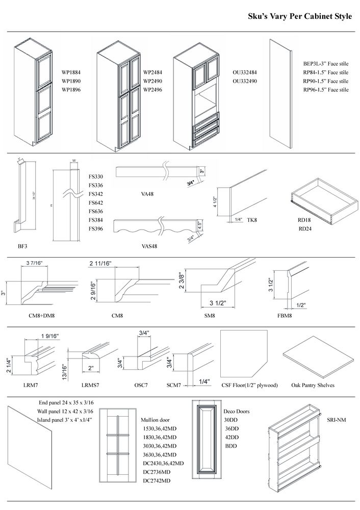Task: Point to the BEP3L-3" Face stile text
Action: tap(326, 63)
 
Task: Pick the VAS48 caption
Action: tap(149, 246)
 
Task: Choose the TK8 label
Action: tap(251, 220)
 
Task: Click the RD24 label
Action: tap(305, 228)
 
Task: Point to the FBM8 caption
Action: tap(285, 316)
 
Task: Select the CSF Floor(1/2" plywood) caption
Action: tap(249, 385)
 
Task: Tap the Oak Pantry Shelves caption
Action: tap(313, 385)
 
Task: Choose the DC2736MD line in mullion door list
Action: tap(159, 472)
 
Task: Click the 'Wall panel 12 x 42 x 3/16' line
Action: tap(65, 411)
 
